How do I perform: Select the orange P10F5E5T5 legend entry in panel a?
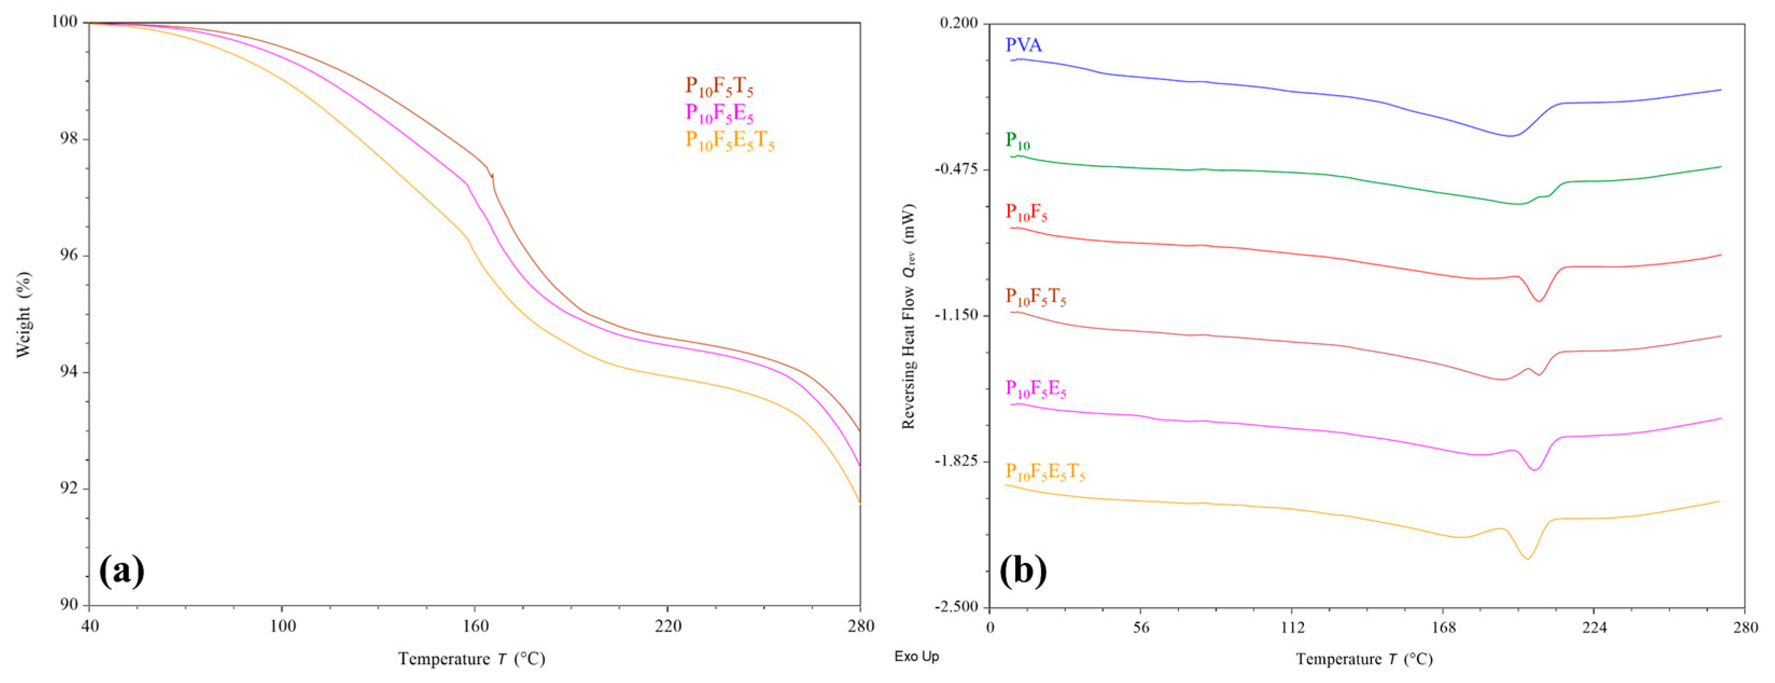729,141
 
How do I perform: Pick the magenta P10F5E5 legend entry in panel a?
719,113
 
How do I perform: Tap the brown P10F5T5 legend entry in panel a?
719,86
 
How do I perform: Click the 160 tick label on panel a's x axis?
474,626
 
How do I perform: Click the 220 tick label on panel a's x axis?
667,626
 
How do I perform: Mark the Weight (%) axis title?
24,314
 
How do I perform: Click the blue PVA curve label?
1024,45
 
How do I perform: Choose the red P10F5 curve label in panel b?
1026,213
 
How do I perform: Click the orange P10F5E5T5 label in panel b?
1046,473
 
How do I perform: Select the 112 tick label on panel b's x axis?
1292,627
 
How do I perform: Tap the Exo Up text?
916,656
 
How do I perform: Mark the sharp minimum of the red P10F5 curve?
1539,301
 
